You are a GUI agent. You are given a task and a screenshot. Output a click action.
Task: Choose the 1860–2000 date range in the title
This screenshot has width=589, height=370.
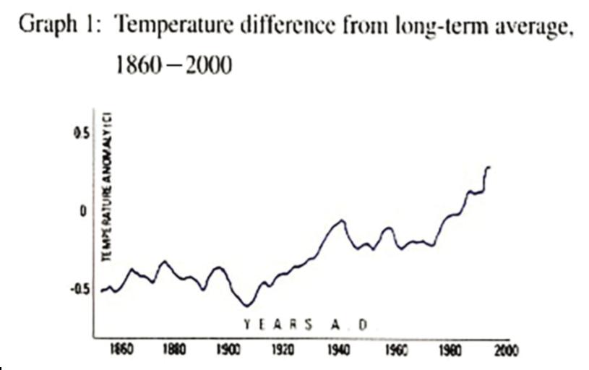(173, 66)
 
